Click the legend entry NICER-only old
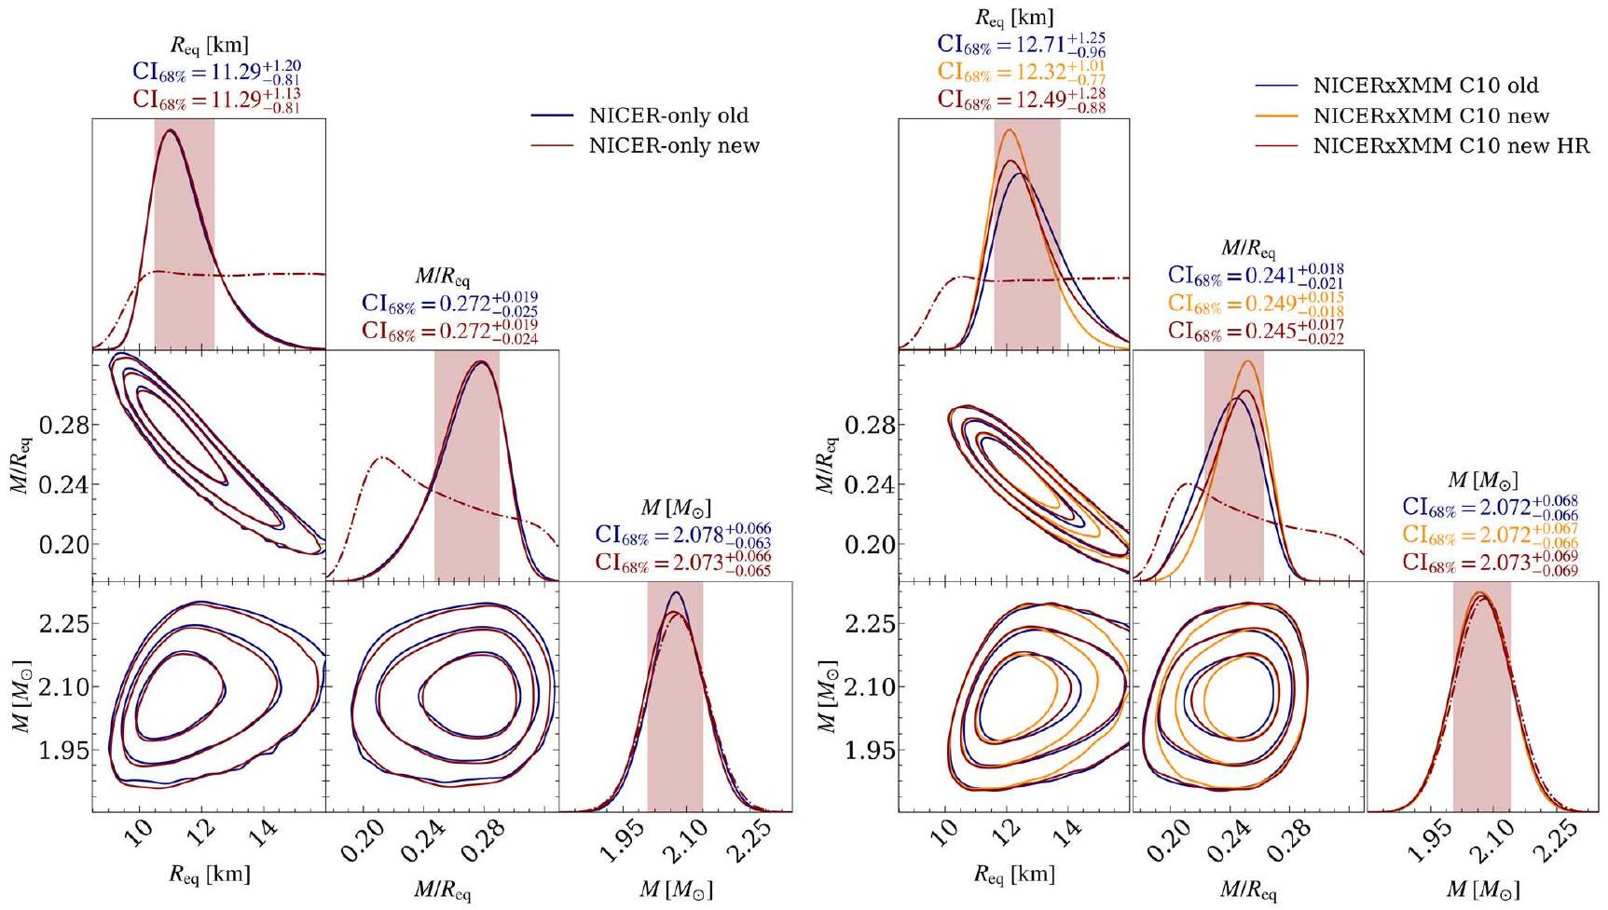click(x=668, y=115)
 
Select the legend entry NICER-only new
click(x=673, y=145)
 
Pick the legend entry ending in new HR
click(x=1450, y=145)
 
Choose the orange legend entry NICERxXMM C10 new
click(x=1431, y=115)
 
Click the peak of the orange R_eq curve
click(x=1008, y=129)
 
